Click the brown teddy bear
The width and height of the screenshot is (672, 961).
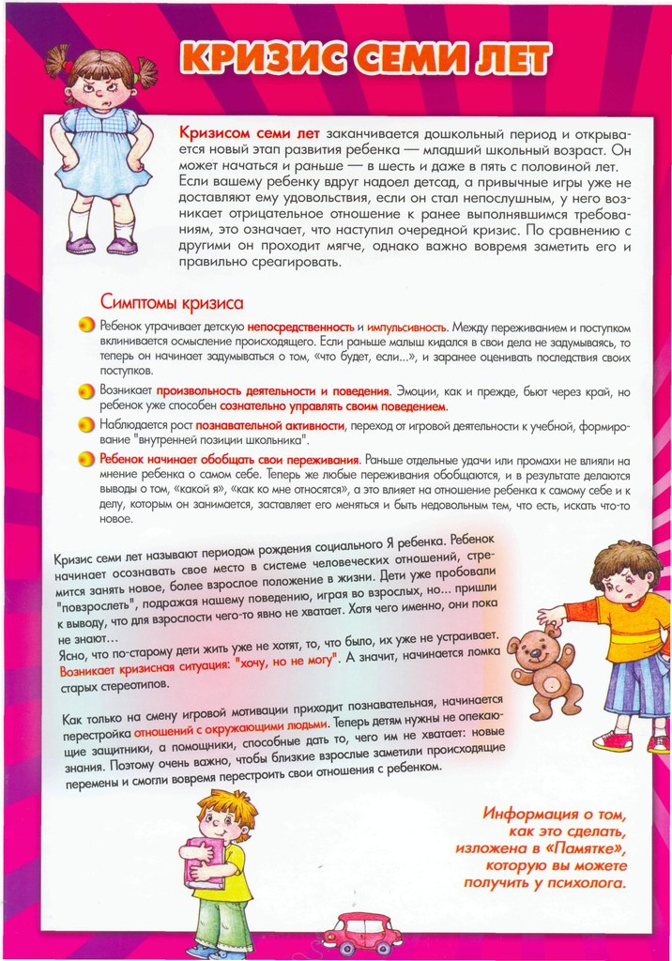point(543,672)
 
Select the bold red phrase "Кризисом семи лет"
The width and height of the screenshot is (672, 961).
point(237,132)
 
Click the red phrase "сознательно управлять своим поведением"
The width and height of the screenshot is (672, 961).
point(333,407)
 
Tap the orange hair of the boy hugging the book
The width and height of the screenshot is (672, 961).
point(225,802)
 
